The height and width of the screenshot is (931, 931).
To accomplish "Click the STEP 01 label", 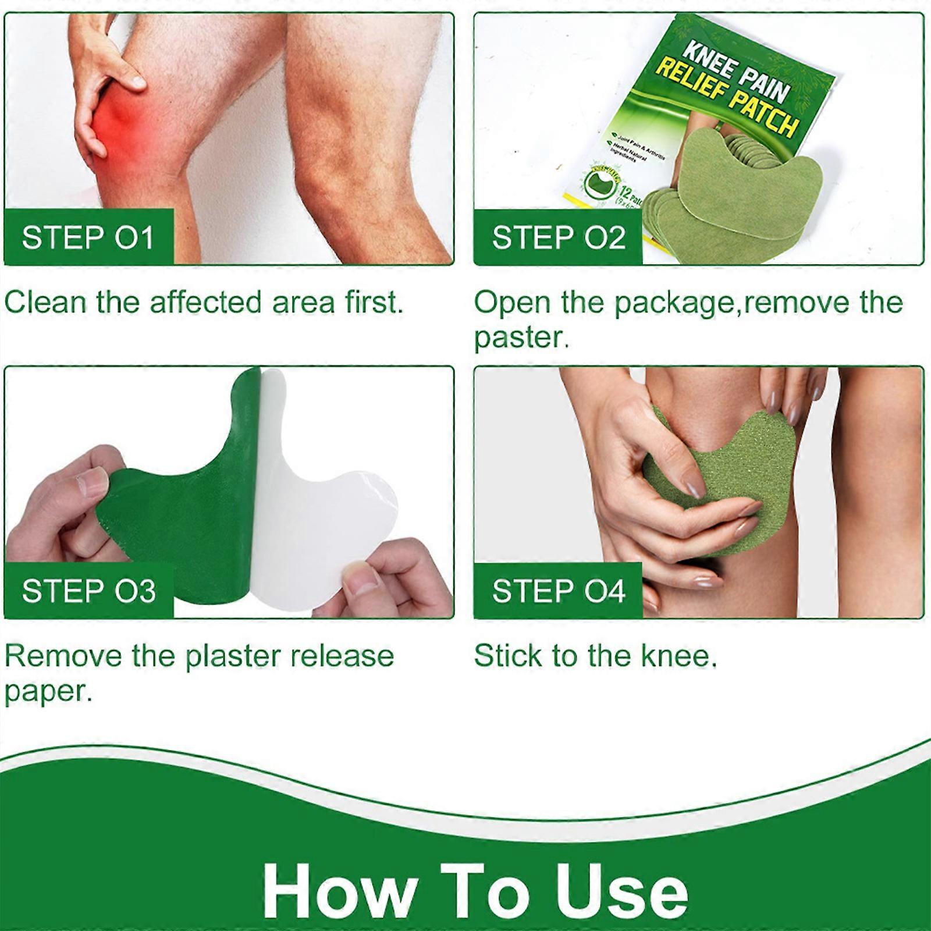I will click(88, 237).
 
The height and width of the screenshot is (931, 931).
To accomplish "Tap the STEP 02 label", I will click(558, 237).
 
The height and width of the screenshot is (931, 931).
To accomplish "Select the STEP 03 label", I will click(88, 591).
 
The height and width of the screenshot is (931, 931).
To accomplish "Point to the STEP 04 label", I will click(558, 591).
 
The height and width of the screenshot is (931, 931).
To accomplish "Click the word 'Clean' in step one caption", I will click(45, 303).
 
